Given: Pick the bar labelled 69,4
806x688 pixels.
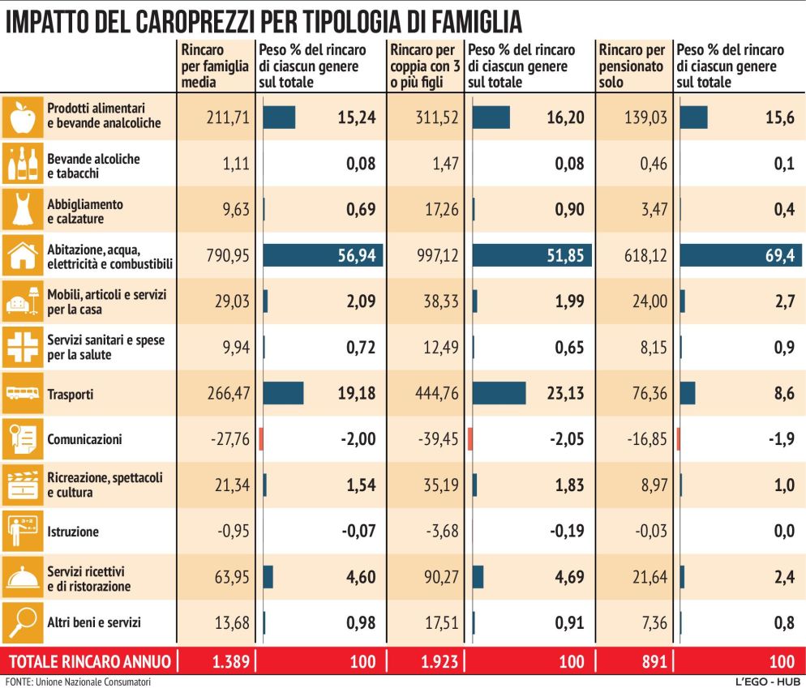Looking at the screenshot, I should click(740, 256).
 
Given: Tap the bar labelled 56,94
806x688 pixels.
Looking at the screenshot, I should click(322, 256).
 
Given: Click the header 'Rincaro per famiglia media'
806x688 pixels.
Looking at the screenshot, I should click(214, 66).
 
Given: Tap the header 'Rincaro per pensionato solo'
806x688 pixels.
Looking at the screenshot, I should click(632, 66).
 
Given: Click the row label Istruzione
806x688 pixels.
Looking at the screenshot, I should click(73, 532).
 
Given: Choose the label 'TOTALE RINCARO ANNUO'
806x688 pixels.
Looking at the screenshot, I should click(87, 662).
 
